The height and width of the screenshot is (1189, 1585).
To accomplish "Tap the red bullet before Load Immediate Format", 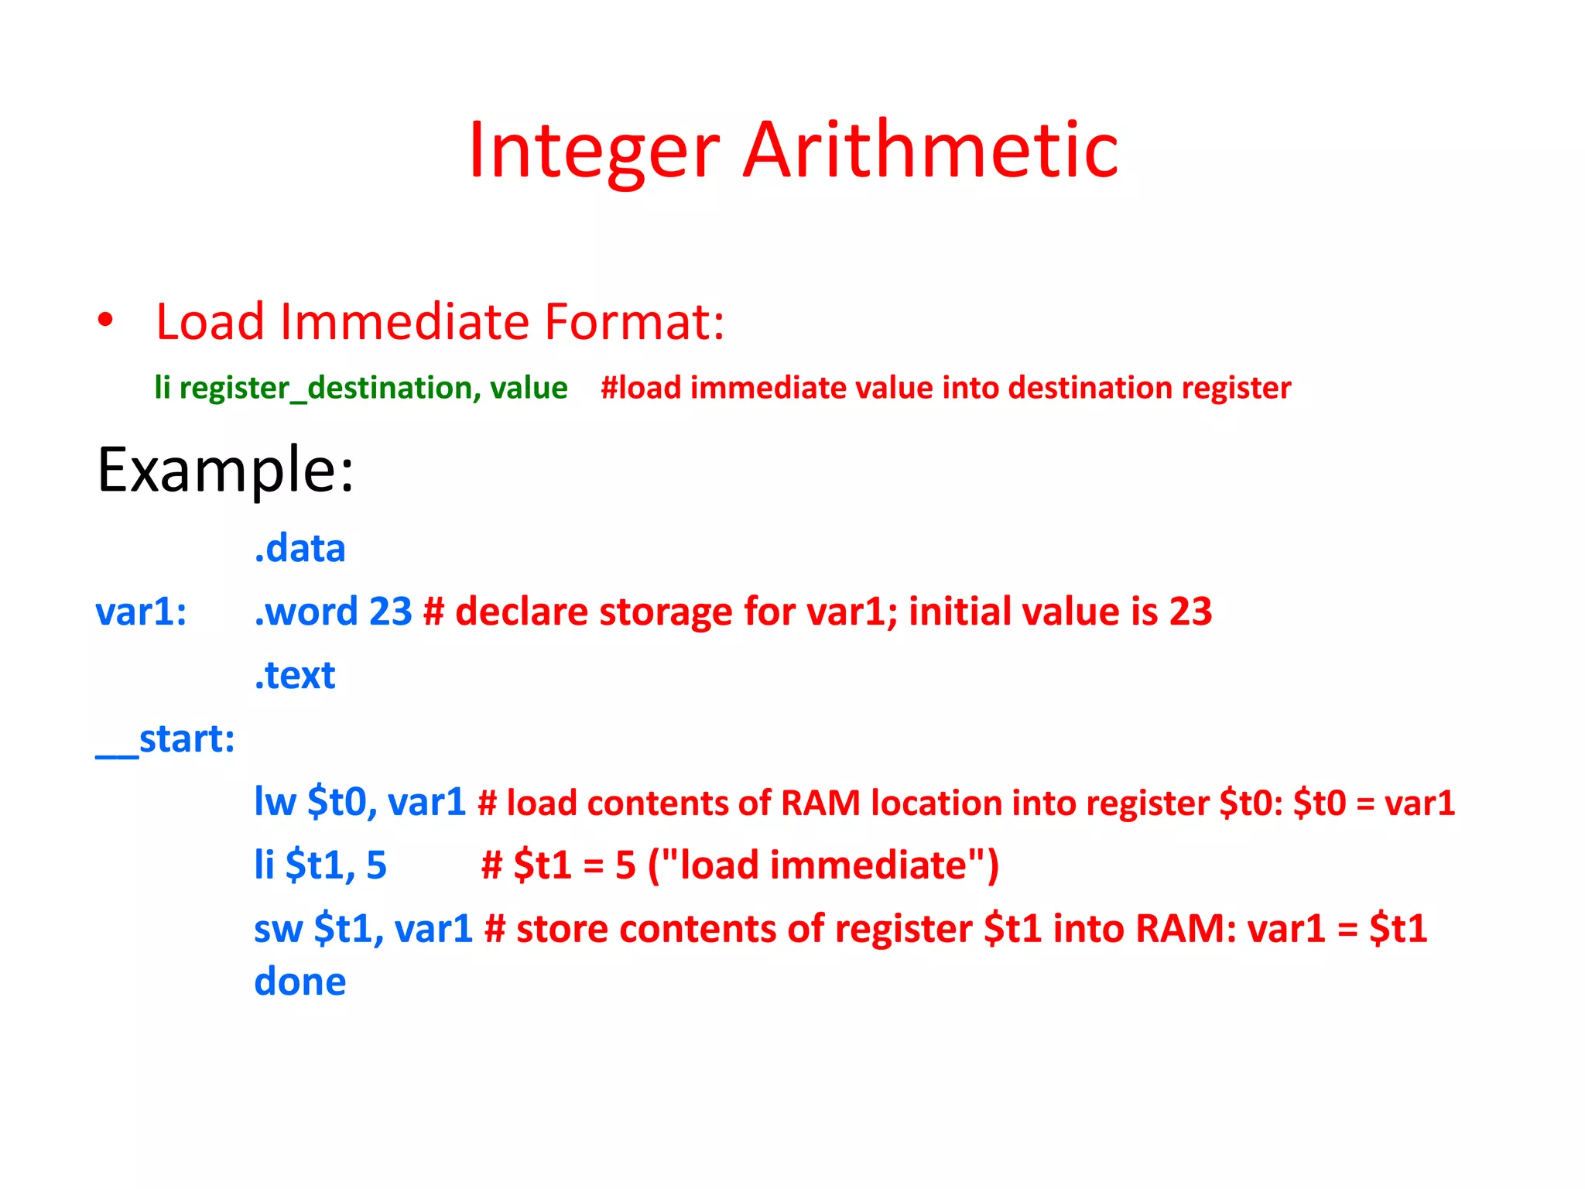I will click(x=105, y=320).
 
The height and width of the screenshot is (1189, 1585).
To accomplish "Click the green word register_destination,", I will click(x=329, y=388).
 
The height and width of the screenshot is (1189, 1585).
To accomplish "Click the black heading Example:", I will click(x=225, y=470).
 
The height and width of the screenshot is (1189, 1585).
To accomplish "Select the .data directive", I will click(x=300, y=549).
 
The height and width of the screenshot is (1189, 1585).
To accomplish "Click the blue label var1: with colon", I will click(x=141, y=612).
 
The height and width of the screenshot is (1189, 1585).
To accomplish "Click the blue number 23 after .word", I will click(x=391, y=612).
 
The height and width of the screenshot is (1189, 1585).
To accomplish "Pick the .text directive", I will click(x=295, y=676).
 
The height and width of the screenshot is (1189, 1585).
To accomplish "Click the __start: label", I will click(x=165, y=739).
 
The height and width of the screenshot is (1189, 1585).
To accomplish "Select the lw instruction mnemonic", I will click(x=275, y=803).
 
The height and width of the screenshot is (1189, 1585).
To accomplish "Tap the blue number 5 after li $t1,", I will click(x=376, y=865).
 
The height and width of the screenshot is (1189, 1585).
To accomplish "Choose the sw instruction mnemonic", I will click(x=278, y=929).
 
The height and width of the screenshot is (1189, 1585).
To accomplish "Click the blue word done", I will click(x=300, y=982).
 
